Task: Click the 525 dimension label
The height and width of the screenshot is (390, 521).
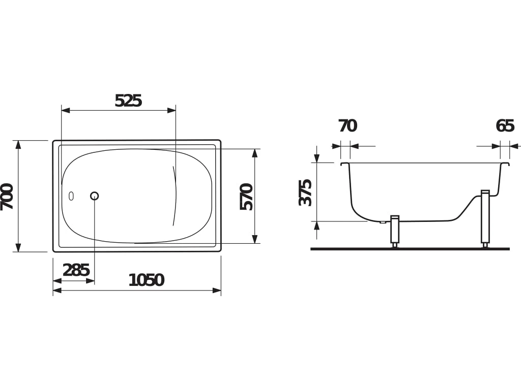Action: [x=128, y=101]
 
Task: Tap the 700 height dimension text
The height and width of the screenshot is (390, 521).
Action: [x=7, y=197]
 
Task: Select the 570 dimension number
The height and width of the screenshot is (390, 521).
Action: [x=247, y=197]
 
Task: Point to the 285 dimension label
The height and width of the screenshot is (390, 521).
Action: [x=76, y=270]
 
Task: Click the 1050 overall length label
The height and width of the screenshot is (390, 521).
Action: [x=146, y=280]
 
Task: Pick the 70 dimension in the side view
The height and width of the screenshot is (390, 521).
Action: [x=348, y=126]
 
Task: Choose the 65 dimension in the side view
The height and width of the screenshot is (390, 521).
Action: [x=505, y=126]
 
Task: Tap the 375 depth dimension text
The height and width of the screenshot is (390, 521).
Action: [x=305, y=192]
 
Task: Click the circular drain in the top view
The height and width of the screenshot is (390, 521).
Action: [x=94, y=196]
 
